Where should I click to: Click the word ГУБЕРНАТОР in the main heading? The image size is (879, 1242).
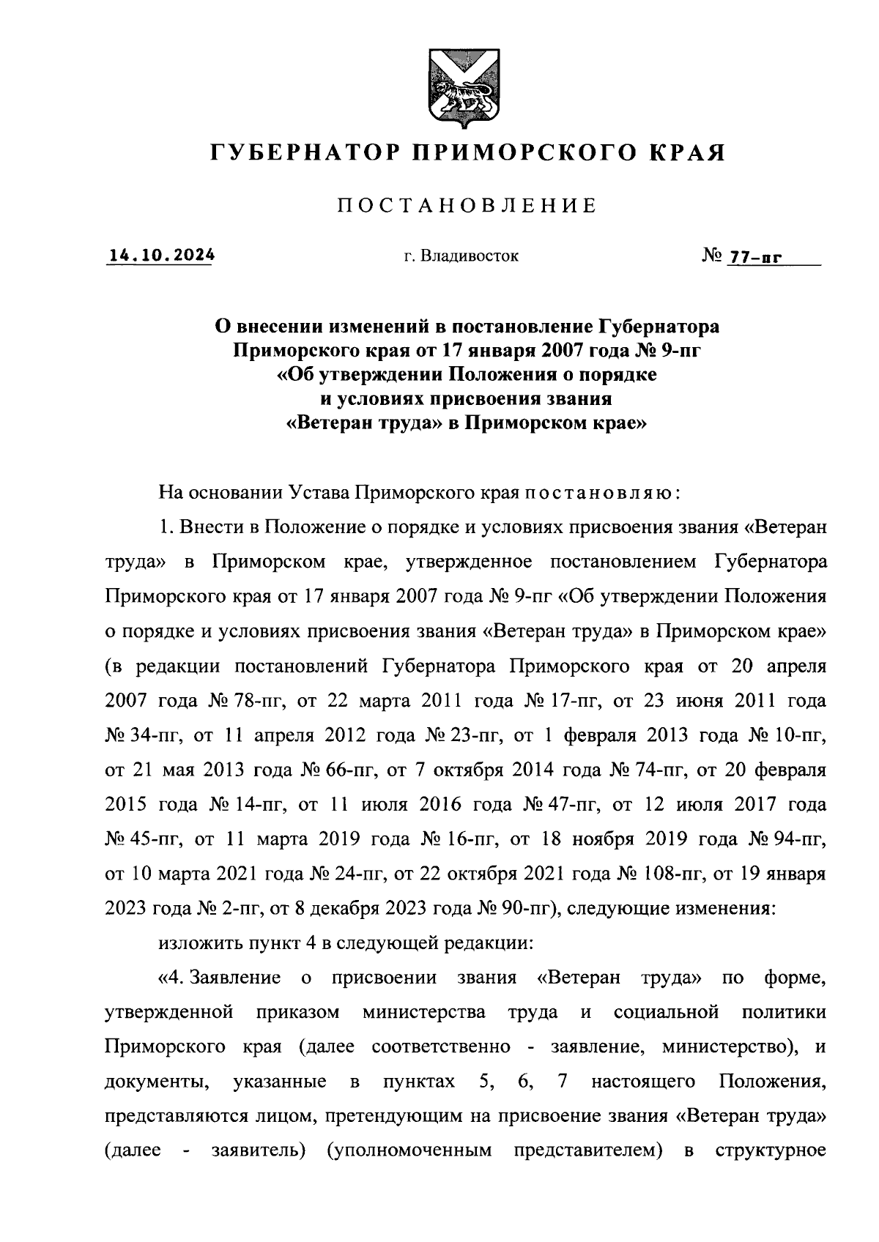tap(303, 152)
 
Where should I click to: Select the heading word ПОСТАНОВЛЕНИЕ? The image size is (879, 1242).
tap(467, 206)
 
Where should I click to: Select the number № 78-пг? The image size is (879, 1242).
tap(245, 701)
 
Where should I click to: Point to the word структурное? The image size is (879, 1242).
tap(770, 1151)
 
